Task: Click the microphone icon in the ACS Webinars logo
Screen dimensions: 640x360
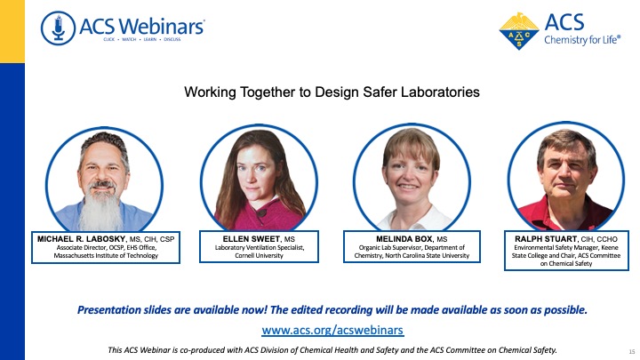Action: (58, 28)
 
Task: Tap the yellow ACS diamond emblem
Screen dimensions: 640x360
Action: (519, 31)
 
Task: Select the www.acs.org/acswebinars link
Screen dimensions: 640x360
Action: (332, 330)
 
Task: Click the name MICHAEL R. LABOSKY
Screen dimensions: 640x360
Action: (82, 239)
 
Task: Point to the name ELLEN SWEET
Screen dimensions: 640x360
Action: (252, 239)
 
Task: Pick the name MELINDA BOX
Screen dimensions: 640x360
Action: (404, 239)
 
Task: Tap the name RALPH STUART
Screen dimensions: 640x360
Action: (546, 239)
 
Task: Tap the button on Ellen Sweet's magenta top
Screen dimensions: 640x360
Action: (261, 212)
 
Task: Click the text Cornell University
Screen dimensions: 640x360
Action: (259, 255)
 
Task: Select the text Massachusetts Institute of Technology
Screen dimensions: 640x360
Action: (106, 255)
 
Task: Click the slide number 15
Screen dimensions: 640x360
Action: (632, 351)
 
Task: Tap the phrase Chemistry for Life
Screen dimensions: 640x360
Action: (582, 40)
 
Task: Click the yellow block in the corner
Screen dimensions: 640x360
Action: (12, 31)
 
